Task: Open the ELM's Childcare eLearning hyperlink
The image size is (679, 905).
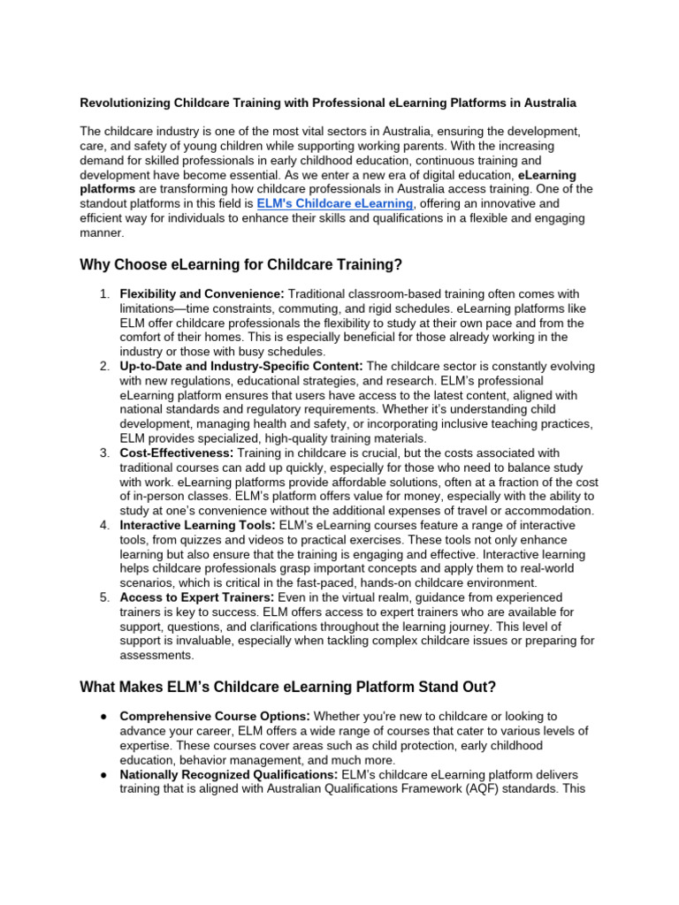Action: [x=334, y=203]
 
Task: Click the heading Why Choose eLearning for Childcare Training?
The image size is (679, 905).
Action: [x=240, y=264]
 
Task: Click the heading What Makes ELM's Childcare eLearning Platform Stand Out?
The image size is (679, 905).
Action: [x=287, y=687]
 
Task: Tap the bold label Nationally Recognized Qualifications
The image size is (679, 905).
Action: [x=228, y=774]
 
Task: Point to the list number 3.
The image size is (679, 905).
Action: [x=104, y=452]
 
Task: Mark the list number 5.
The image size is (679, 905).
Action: [x=104, y=597]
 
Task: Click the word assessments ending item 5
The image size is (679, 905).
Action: [x=157, y=655]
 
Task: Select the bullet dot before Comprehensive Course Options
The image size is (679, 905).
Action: [x=103, y=716]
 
